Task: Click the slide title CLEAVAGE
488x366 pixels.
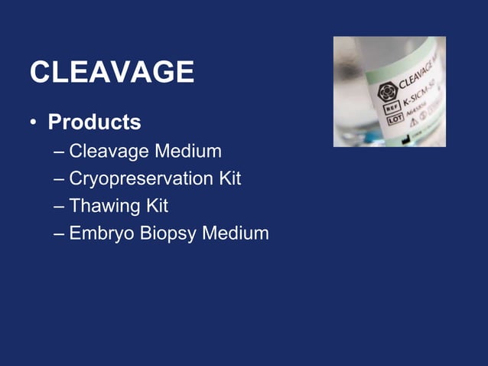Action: click(112, 73)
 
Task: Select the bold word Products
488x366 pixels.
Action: click(94, 123)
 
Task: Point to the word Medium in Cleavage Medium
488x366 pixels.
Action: click(188, 151)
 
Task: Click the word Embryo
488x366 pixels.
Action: click(101, 234)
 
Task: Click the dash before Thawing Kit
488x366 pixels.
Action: click(60, 207)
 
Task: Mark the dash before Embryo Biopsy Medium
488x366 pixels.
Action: click(60, 234)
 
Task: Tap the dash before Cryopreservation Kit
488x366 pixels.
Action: click(60, 179)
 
